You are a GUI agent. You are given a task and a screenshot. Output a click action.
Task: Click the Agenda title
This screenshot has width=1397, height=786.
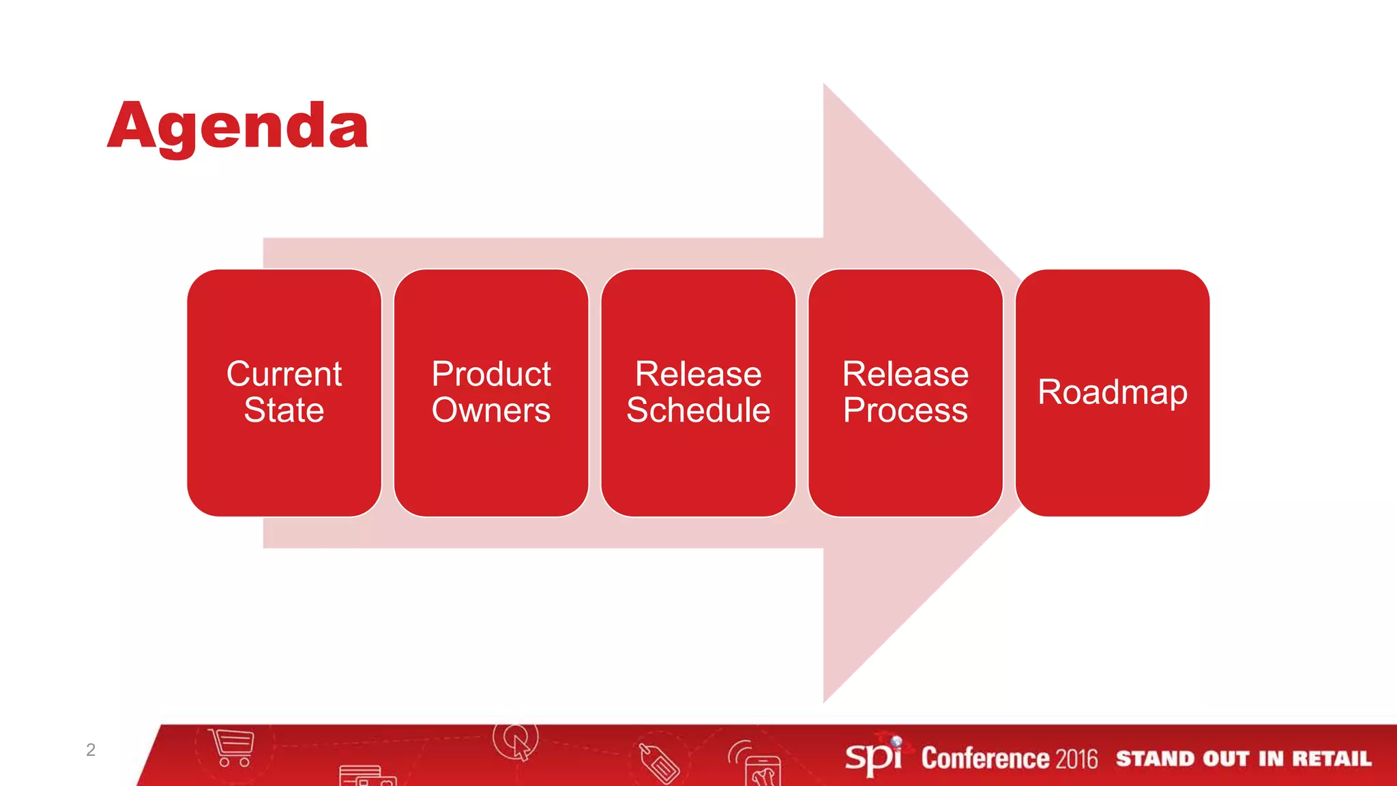point(237,127)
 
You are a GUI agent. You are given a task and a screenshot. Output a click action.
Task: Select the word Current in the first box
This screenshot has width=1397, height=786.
point(284,374)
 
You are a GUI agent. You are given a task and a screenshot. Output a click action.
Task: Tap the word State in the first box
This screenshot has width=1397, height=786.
point(284,410)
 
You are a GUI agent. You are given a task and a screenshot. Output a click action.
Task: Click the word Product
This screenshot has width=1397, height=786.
point(491,374)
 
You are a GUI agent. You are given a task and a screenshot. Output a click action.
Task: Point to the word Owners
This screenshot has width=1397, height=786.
point(491,410)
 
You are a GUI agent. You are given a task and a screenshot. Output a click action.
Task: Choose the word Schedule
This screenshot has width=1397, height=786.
point(698,410)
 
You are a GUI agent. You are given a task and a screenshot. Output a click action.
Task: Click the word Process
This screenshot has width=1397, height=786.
point(905,410)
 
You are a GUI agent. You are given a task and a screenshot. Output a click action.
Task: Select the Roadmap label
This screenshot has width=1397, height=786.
point(1112,392)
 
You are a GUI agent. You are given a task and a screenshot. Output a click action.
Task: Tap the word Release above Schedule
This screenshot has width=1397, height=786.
point(698,374)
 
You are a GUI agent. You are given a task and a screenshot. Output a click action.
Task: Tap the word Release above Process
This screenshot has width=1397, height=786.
point(905,374)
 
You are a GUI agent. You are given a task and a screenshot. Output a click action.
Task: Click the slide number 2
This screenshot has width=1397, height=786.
point(91,750)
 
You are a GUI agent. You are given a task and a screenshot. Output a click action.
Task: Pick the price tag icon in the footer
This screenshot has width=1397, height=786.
point(659,763)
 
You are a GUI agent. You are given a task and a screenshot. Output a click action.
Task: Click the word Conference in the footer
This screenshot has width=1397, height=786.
point(985,759)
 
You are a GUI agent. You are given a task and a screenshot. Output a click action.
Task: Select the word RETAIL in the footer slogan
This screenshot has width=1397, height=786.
point(1331,759)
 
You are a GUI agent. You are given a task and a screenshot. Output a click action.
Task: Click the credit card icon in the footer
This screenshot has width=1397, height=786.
point(367,776)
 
